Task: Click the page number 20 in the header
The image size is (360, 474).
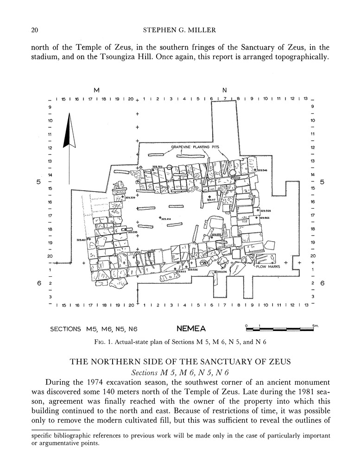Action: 34,31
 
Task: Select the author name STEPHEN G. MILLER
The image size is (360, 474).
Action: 179,31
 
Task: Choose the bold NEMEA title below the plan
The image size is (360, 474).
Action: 191,330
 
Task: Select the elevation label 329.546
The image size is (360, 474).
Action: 262,170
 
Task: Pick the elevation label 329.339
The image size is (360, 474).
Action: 130,198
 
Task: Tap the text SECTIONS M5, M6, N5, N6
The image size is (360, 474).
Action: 94,330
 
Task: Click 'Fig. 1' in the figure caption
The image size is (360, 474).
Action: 128,343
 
